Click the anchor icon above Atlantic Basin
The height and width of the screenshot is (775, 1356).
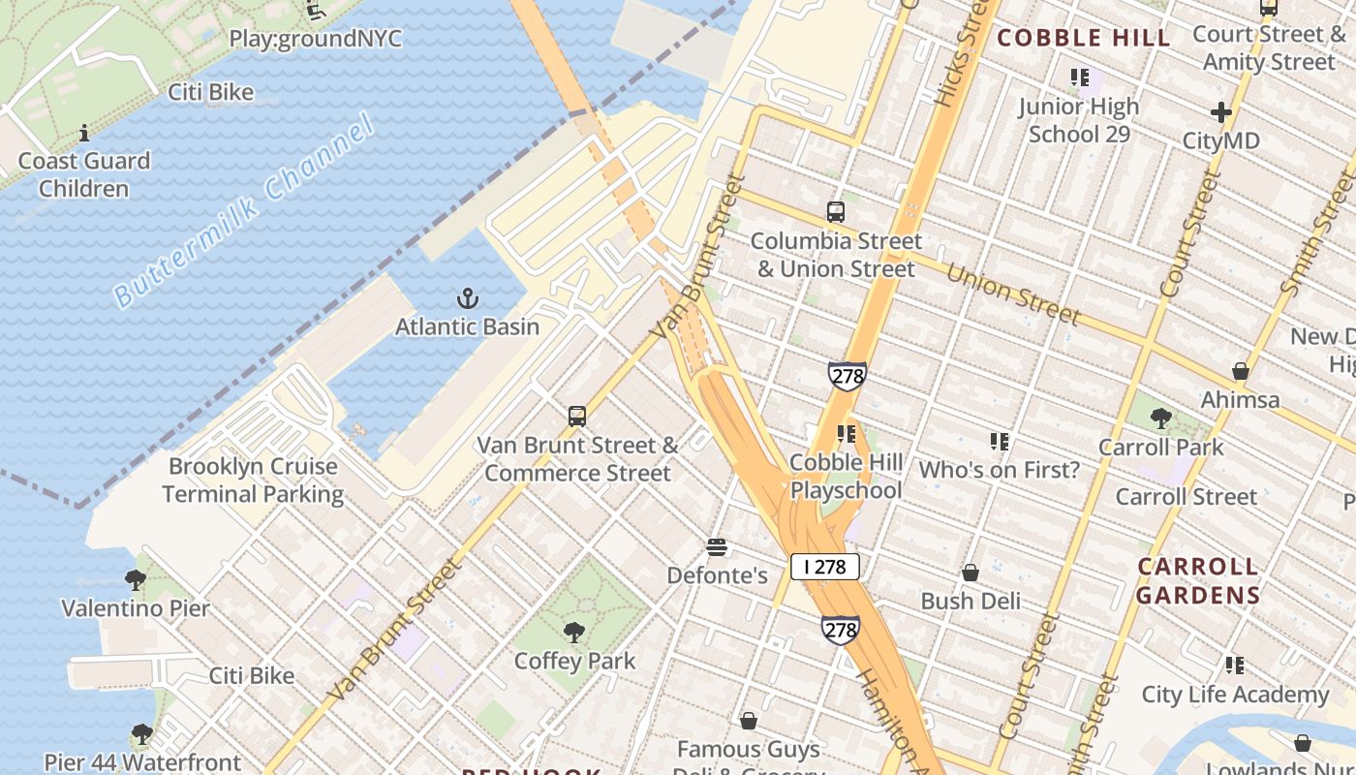click(x=468, y=298)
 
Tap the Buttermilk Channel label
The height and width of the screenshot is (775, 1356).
click(x=243, y=211)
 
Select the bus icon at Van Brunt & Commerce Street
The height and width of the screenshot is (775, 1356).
click(x=577, y=417)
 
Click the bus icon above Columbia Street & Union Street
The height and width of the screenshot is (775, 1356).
click(x=835, y=212)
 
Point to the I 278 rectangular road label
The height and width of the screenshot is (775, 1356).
click(x=824, y=567)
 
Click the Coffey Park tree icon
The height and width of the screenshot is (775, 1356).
click(x=574, y=634)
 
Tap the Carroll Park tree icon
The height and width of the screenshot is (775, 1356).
click(x=1160, y=419)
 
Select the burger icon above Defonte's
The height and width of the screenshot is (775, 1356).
click(x=717, y=548)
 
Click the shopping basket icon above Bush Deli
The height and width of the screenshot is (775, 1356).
click(x=970, y=573)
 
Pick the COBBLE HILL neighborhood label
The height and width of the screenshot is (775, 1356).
click(x=1084, y=39)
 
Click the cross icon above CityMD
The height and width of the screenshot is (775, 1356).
click(x=1220, y=112)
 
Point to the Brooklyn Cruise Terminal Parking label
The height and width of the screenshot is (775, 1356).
click(x=253, y=480)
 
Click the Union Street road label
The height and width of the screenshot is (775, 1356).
click(x=1012, y=294)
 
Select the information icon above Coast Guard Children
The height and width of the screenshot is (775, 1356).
click(x=84, y=133)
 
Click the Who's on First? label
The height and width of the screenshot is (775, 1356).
click(x=999, y=471)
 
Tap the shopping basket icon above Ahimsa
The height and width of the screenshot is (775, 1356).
click(x=1240, y=372)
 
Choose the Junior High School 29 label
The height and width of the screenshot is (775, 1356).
click(x=1079, y=120)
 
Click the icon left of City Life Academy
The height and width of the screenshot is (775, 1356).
click(x=1234, y=666)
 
